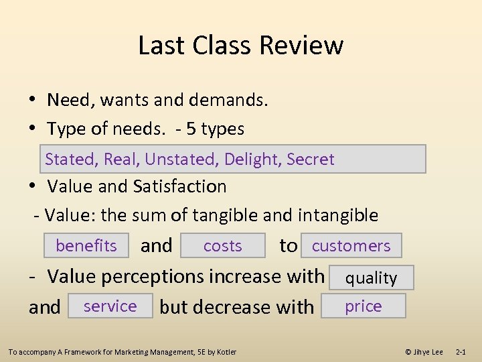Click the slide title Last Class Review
pos(241,45)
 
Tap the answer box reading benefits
pos(86,246)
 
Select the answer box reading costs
pos(222,246)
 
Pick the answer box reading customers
pos(351,246)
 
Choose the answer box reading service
pos(110,306)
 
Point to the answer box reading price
pos(363,306)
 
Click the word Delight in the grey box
pos(252,160)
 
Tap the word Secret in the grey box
pos(310,160)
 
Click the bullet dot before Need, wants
pos(32,101)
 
